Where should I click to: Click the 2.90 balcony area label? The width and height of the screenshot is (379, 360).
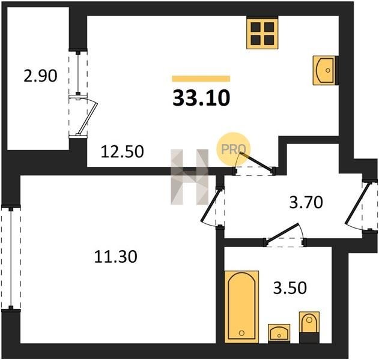click(40, 76)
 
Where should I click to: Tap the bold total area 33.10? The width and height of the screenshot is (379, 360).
click(201, 98)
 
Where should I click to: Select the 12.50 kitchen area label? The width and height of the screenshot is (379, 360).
click(122, 152)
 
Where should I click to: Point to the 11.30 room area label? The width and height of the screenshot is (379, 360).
click(115, 256)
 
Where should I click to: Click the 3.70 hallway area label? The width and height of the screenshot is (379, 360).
click(306, 202)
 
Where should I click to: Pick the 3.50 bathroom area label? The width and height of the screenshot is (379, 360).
click(290, 287)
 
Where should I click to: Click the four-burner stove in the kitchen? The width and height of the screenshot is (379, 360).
click(262, 34)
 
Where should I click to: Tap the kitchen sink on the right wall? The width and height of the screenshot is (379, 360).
click(324, 70)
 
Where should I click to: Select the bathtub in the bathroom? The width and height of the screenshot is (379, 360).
click(241, 307)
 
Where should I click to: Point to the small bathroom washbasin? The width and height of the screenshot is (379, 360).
click(279, 333)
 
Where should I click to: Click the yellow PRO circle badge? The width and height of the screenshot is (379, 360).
click(233, 149)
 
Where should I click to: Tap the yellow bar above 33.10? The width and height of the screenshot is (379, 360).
click(201, 79)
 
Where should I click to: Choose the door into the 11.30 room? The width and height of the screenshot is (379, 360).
click(211, 205)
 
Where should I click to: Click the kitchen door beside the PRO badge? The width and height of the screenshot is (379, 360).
click(256, 161)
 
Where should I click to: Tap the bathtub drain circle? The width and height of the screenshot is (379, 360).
click(241, 333)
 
